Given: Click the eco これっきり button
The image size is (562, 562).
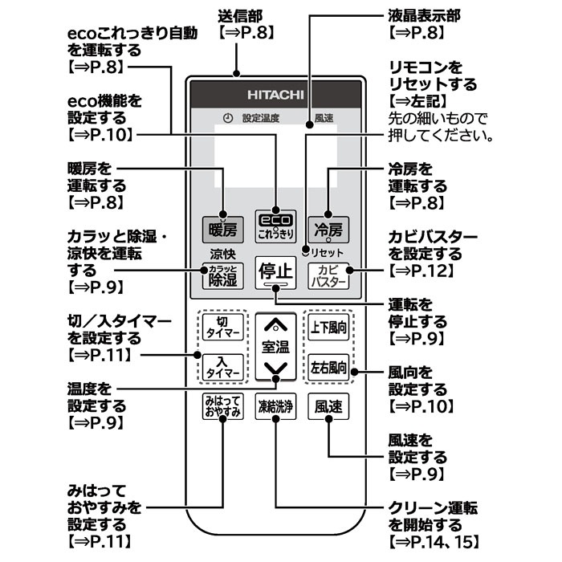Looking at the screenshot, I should tap(275, 226).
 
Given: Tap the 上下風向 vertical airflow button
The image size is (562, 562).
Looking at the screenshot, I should tap(328, 327).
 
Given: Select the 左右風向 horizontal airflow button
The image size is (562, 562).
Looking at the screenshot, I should tap(328, 368).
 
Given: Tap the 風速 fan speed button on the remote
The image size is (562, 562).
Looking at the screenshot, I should tap(328, 406).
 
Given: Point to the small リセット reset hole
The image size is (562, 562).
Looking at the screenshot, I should tap(304, 251).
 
